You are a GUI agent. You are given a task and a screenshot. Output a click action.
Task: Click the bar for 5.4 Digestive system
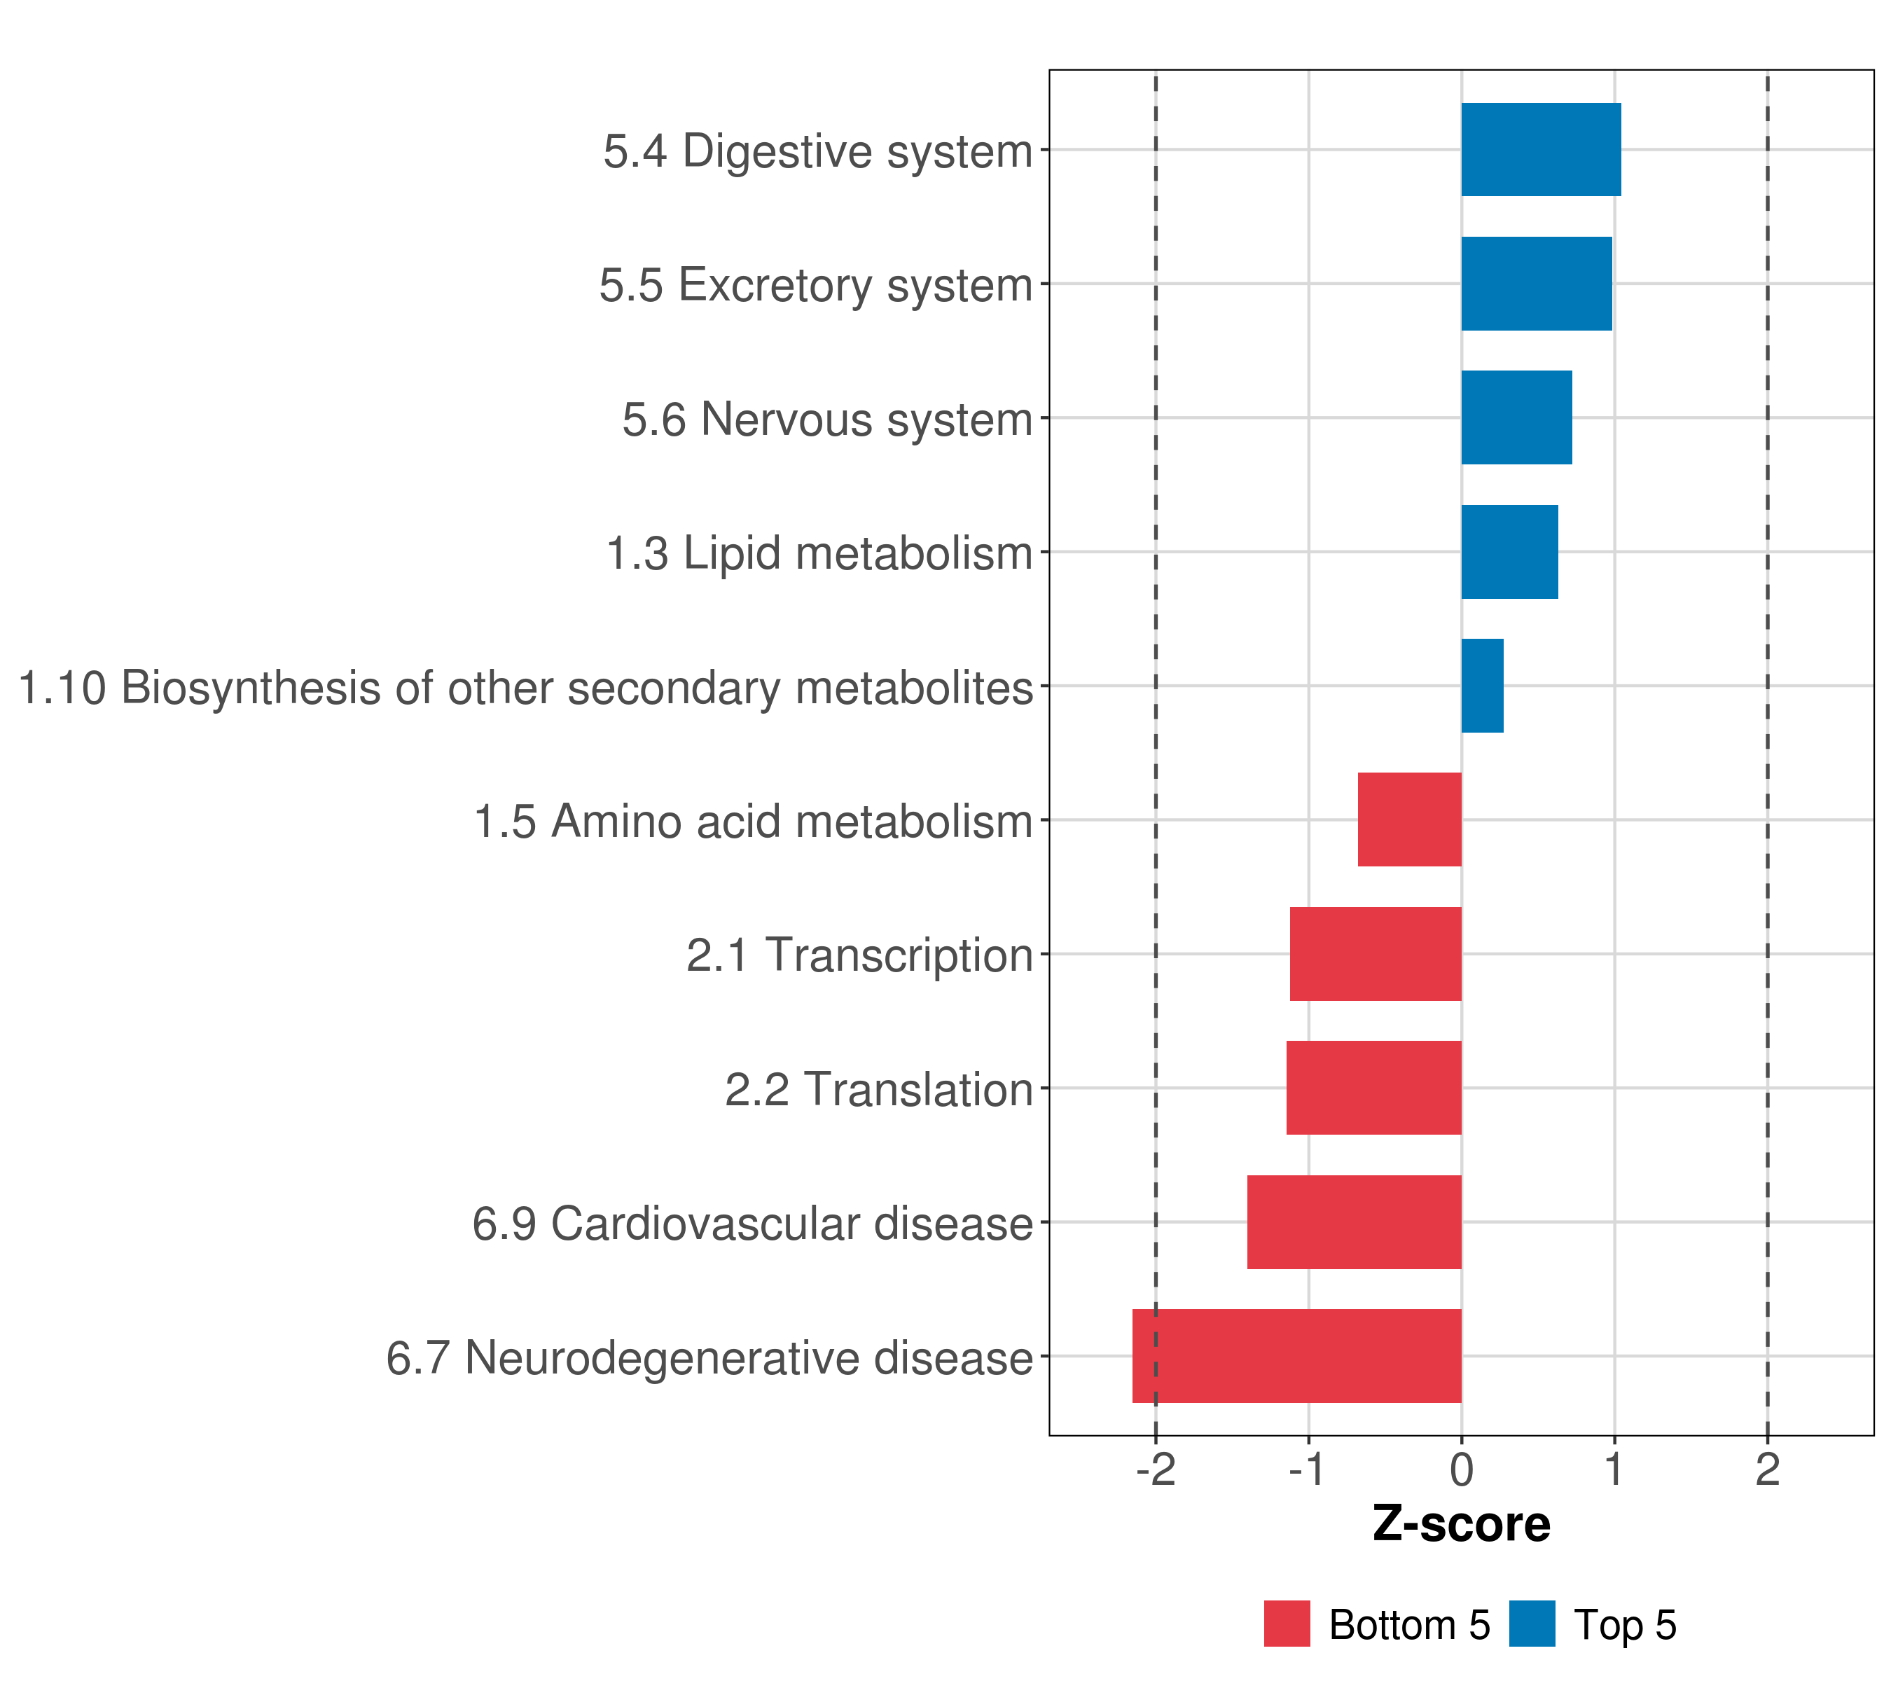pos(1540,150)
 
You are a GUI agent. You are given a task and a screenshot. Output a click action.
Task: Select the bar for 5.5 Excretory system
pos(1536,284)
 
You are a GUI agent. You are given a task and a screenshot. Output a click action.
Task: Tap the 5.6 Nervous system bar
pos(1516,417)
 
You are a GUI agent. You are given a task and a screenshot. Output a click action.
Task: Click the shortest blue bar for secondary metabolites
pos(1482,686)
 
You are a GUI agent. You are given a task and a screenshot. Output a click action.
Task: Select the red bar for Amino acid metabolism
pos(1409,819)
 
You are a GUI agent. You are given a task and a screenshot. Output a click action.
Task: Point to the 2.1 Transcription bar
pos(1376,954)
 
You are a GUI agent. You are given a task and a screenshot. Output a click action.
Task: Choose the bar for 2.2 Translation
pos(1374,1088)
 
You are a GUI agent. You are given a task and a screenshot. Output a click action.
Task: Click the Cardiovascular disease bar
pos(1355,1222)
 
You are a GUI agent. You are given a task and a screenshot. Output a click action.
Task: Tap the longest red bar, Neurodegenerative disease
pos(1297,1356)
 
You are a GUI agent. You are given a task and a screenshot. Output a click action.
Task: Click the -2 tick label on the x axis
pos(1156,1470)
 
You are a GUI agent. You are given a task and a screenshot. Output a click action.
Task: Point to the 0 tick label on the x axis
pos(1462,1470)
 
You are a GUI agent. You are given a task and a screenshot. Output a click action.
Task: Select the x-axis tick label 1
pos(1614,1470)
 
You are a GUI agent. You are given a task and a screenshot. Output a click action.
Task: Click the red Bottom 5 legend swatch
pos(1287,1624)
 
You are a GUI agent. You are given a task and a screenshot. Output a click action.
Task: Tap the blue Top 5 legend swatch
pos(1532,1624)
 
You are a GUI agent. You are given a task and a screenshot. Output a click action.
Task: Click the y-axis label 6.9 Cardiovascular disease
pos(752,1224)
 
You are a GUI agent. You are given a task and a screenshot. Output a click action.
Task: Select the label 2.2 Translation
pos(878,1090)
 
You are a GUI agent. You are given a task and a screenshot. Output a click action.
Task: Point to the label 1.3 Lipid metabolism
pos(819,553)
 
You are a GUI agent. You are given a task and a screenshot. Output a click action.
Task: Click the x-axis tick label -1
pos(1308,1470)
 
